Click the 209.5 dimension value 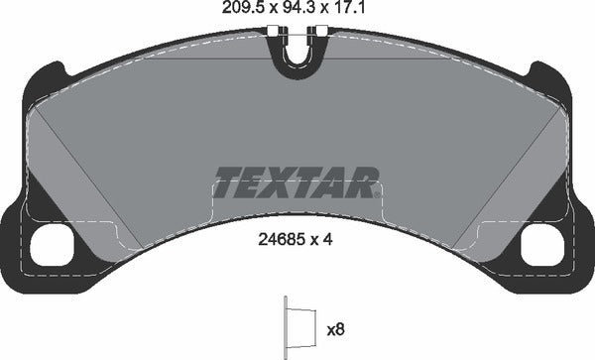233,12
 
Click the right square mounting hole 541,241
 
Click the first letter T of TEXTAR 230,182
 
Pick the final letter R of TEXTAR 363,182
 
